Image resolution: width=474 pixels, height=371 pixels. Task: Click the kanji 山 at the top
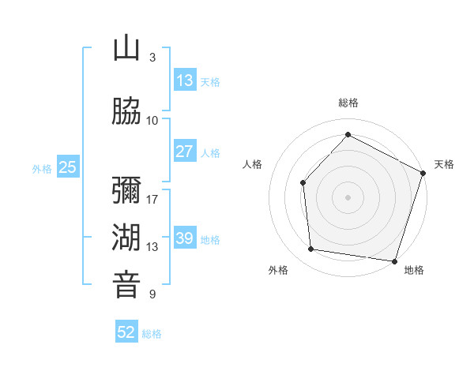126,49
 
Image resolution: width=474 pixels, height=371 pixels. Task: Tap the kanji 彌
126,190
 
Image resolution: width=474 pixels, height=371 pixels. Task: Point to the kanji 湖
126,238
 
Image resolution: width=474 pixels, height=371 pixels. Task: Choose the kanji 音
126,285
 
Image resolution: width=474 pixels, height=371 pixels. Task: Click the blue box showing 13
185,81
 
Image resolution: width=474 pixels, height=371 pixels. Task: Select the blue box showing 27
185,152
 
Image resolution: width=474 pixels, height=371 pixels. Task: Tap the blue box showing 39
185,238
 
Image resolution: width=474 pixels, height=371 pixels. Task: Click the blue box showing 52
126,332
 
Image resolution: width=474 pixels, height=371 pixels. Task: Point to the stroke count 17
152,199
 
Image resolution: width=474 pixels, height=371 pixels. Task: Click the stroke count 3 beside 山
152,58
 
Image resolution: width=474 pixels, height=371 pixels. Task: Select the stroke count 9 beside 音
152,294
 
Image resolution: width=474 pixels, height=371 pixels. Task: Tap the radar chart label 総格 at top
348,103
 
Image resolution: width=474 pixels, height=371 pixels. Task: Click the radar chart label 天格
445,164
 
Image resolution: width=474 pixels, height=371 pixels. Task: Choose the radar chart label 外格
278,270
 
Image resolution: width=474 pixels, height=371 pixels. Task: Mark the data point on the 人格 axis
303,183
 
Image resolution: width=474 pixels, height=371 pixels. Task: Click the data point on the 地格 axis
394,260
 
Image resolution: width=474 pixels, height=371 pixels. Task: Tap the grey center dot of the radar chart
348,197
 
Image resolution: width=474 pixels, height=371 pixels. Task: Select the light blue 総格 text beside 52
152,334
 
